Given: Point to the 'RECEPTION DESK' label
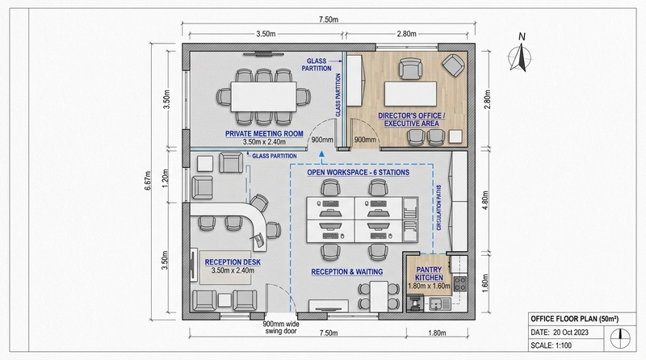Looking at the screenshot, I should pos(233,262).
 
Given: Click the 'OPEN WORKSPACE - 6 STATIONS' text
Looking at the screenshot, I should pos(358,173).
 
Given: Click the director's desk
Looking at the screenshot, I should pos(409,88).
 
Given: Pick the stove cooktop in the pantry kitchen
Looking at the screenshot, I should pos(460,283).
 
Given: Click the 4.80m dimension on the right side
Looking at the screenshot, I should pos(488,198).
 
